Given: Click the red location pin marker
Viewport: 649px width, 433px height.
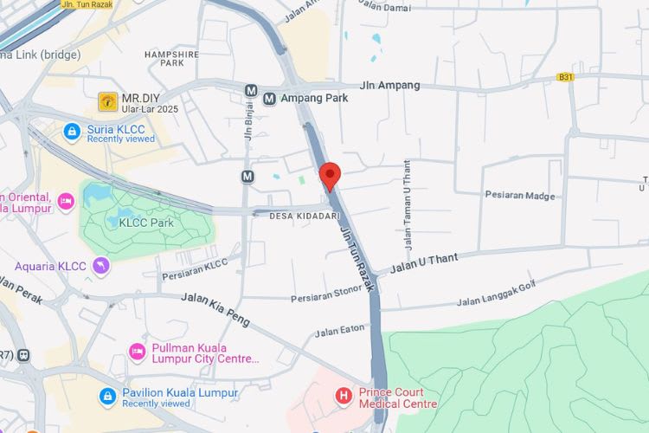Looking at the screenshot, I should click(x=329, y=176).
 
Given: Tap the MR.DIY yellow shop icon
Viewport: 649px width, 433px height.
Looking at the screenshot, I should click(x=108, y=101).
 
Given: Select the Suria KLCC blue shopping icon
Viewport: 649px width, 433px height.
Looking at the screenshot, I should click(x=73, y=132).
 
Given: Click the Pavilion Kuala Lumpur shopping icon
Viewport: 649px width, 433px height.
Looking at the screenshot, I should click(x=107, y=397).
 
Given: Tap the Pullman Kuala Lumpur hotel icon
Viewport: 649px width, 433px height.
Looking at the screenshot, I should click(x=137, y=352).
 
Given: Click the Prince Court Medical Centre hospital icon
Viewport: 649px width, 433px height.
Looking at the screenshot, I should click(x=344, y=397).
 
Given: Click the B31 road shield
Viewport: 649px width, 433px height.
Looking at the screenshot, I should click(x=566, y=77).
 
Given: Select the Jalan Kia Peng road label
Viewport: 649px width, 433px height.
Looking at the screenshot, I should click(x=215, y=309).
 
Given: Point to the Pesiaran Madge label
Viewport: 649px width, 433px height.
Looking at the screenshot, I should click(x=520, y=195).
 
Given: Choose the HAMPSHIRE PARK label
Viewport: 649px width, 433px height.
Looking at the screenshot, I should click(x=171, y=58).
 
